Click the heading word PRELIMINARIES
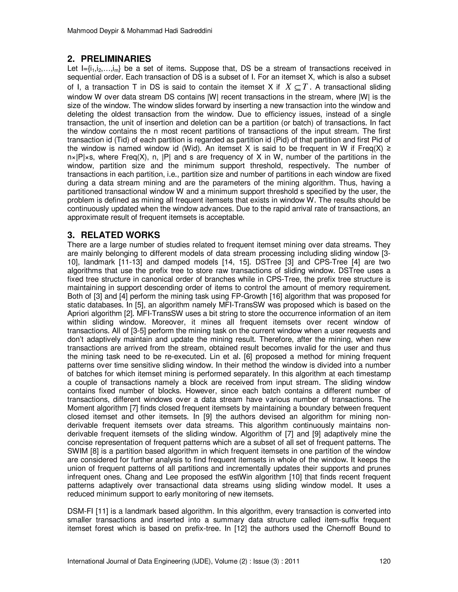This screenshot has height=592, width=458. point(116,59)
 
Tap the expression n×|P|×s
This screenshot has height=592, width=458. point(83,157)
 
